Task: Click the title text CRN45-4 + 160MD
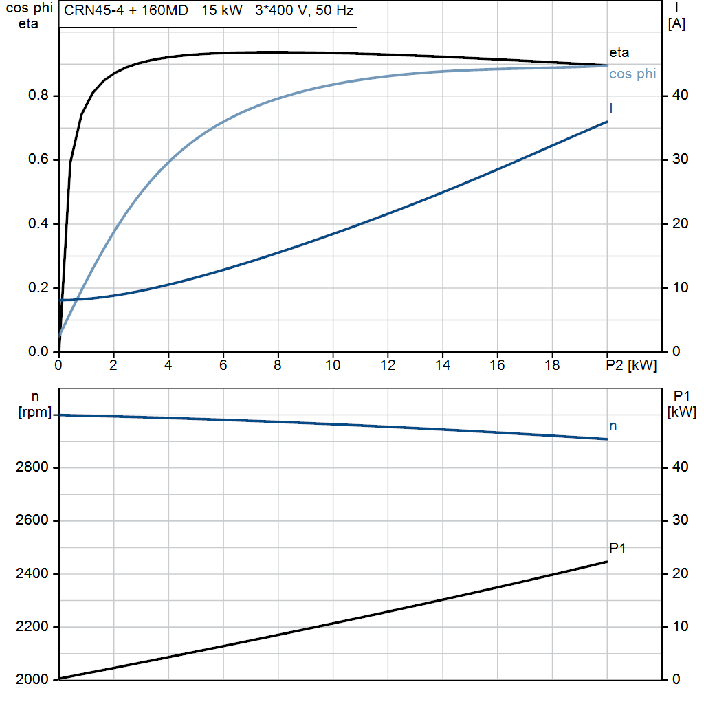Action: coord(126,10)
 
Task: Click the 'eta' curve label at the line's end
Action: coord(619,52)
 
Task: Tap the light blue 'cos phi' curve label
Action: coord(632,74)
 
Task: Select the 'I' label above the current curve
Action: coord(611,109)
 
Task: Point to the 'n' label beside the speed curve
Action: coord(613,426)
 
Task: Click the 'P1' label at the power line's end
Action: coord(617,548)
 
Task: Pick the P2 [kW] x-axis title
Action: coord(631,365)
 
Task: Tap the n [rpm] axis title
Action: coord(35,404)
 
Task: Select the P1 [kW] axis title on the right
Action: coord(681,404)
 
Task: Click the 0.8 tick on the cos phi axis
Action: coord(38,95)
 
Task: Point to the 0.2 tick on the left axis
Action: coord(38,287)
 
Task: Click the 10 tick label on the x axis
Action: coord(333,365)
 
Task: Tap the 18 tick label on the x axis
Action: coord(552,365)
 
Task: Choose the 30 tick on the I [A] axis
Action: coord(680,159)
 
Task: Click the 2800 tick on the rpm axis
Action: coord(32,467)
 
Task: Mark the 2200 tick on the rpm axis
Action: coord(32,626)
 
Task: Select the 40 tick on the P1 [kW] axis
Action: coord(680,467)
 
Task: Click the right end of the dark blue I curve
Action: coord(608,122)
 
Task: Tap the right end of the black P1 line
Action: coord(608,562)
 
